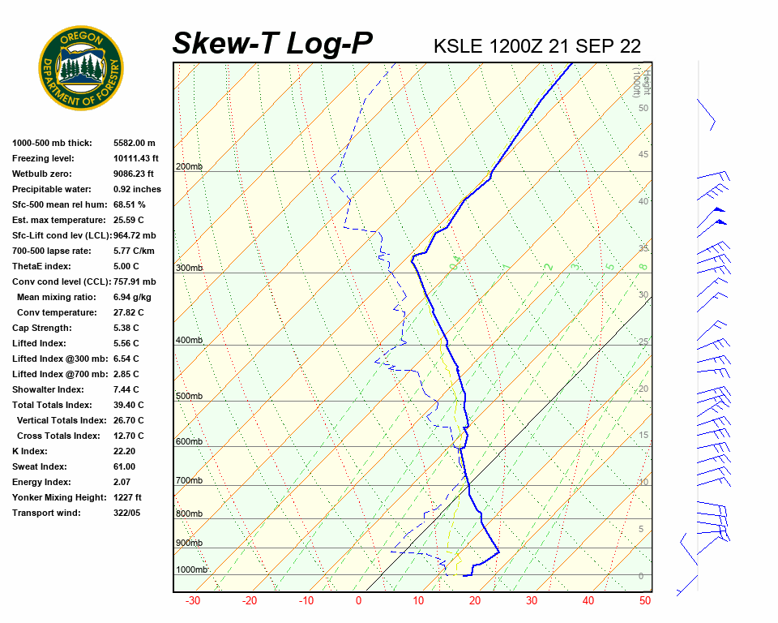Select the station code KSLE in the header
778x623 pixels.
[458, 45]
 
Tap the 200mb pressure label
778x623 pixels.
[189, 167]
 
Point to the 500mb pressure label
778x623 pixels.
[189, 396]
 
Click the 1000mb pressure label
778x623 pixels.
[192, 569]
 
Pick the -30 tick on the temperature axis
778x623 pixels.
[193, 601]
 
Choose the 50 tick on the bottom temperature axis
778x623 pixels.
[645, 601]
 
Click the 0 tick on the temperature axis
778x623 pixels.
[358, 601]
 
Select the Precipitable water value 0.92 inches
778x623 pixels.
[137, 189]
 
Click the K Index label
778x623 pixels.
[30, 451]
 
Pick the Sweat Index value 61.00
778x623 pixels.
[124, 466]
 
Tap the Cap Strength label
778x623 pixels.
[41, 328]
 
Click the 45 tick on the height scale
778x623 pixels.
[643, 154]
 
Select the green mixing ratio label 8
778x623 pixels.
[643, 265]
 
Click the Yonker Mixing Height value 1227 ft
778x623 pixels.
[128, 497]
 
